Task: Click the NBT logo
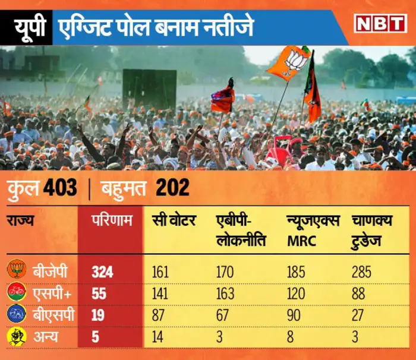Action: [x=380, y=23]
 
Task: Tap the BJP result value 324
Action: [x=102, y=272]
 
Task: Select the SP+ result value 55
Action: [x=100, y=293]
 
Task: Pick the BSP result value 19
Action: [x=99, y=315]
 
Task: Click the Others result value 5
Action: [x=95, y=337]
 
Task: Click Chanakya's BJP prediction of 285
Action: [x=361, y=272]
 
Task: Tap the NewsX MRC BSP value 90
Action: [x=294, y=315]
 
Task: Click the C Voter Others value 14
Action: [x=157, y=337]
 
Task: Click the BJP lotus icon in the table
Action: [x=16, y=270]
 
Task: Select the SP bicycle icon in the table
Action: [x=16, y=292]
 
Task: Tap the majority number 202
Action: [x=172, y=189]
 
